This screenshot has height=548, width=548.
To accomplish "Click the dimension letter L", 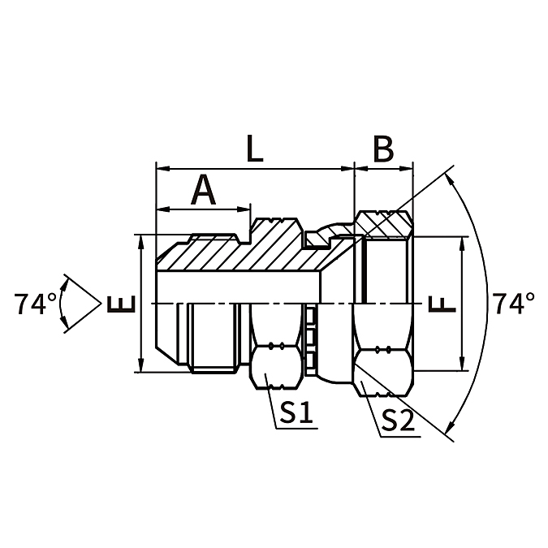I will point(254,150).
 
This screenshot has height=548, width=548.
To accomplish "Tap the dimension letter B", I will point(383,150).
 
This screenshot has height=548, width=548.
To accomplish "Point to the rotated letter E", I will point(119,304).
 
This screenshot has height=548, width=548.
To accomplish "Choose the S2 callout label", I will point(398,419).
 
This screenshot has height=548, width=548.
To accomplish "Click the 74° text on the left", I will point(36,304).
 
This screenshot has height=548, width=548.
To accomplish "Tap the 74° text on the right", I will point(513,304).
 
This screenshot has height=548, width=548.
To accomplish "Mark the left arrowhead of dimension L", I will point(161,169).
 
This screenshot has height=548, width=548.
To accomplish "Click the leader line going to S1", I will point(273,405).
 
